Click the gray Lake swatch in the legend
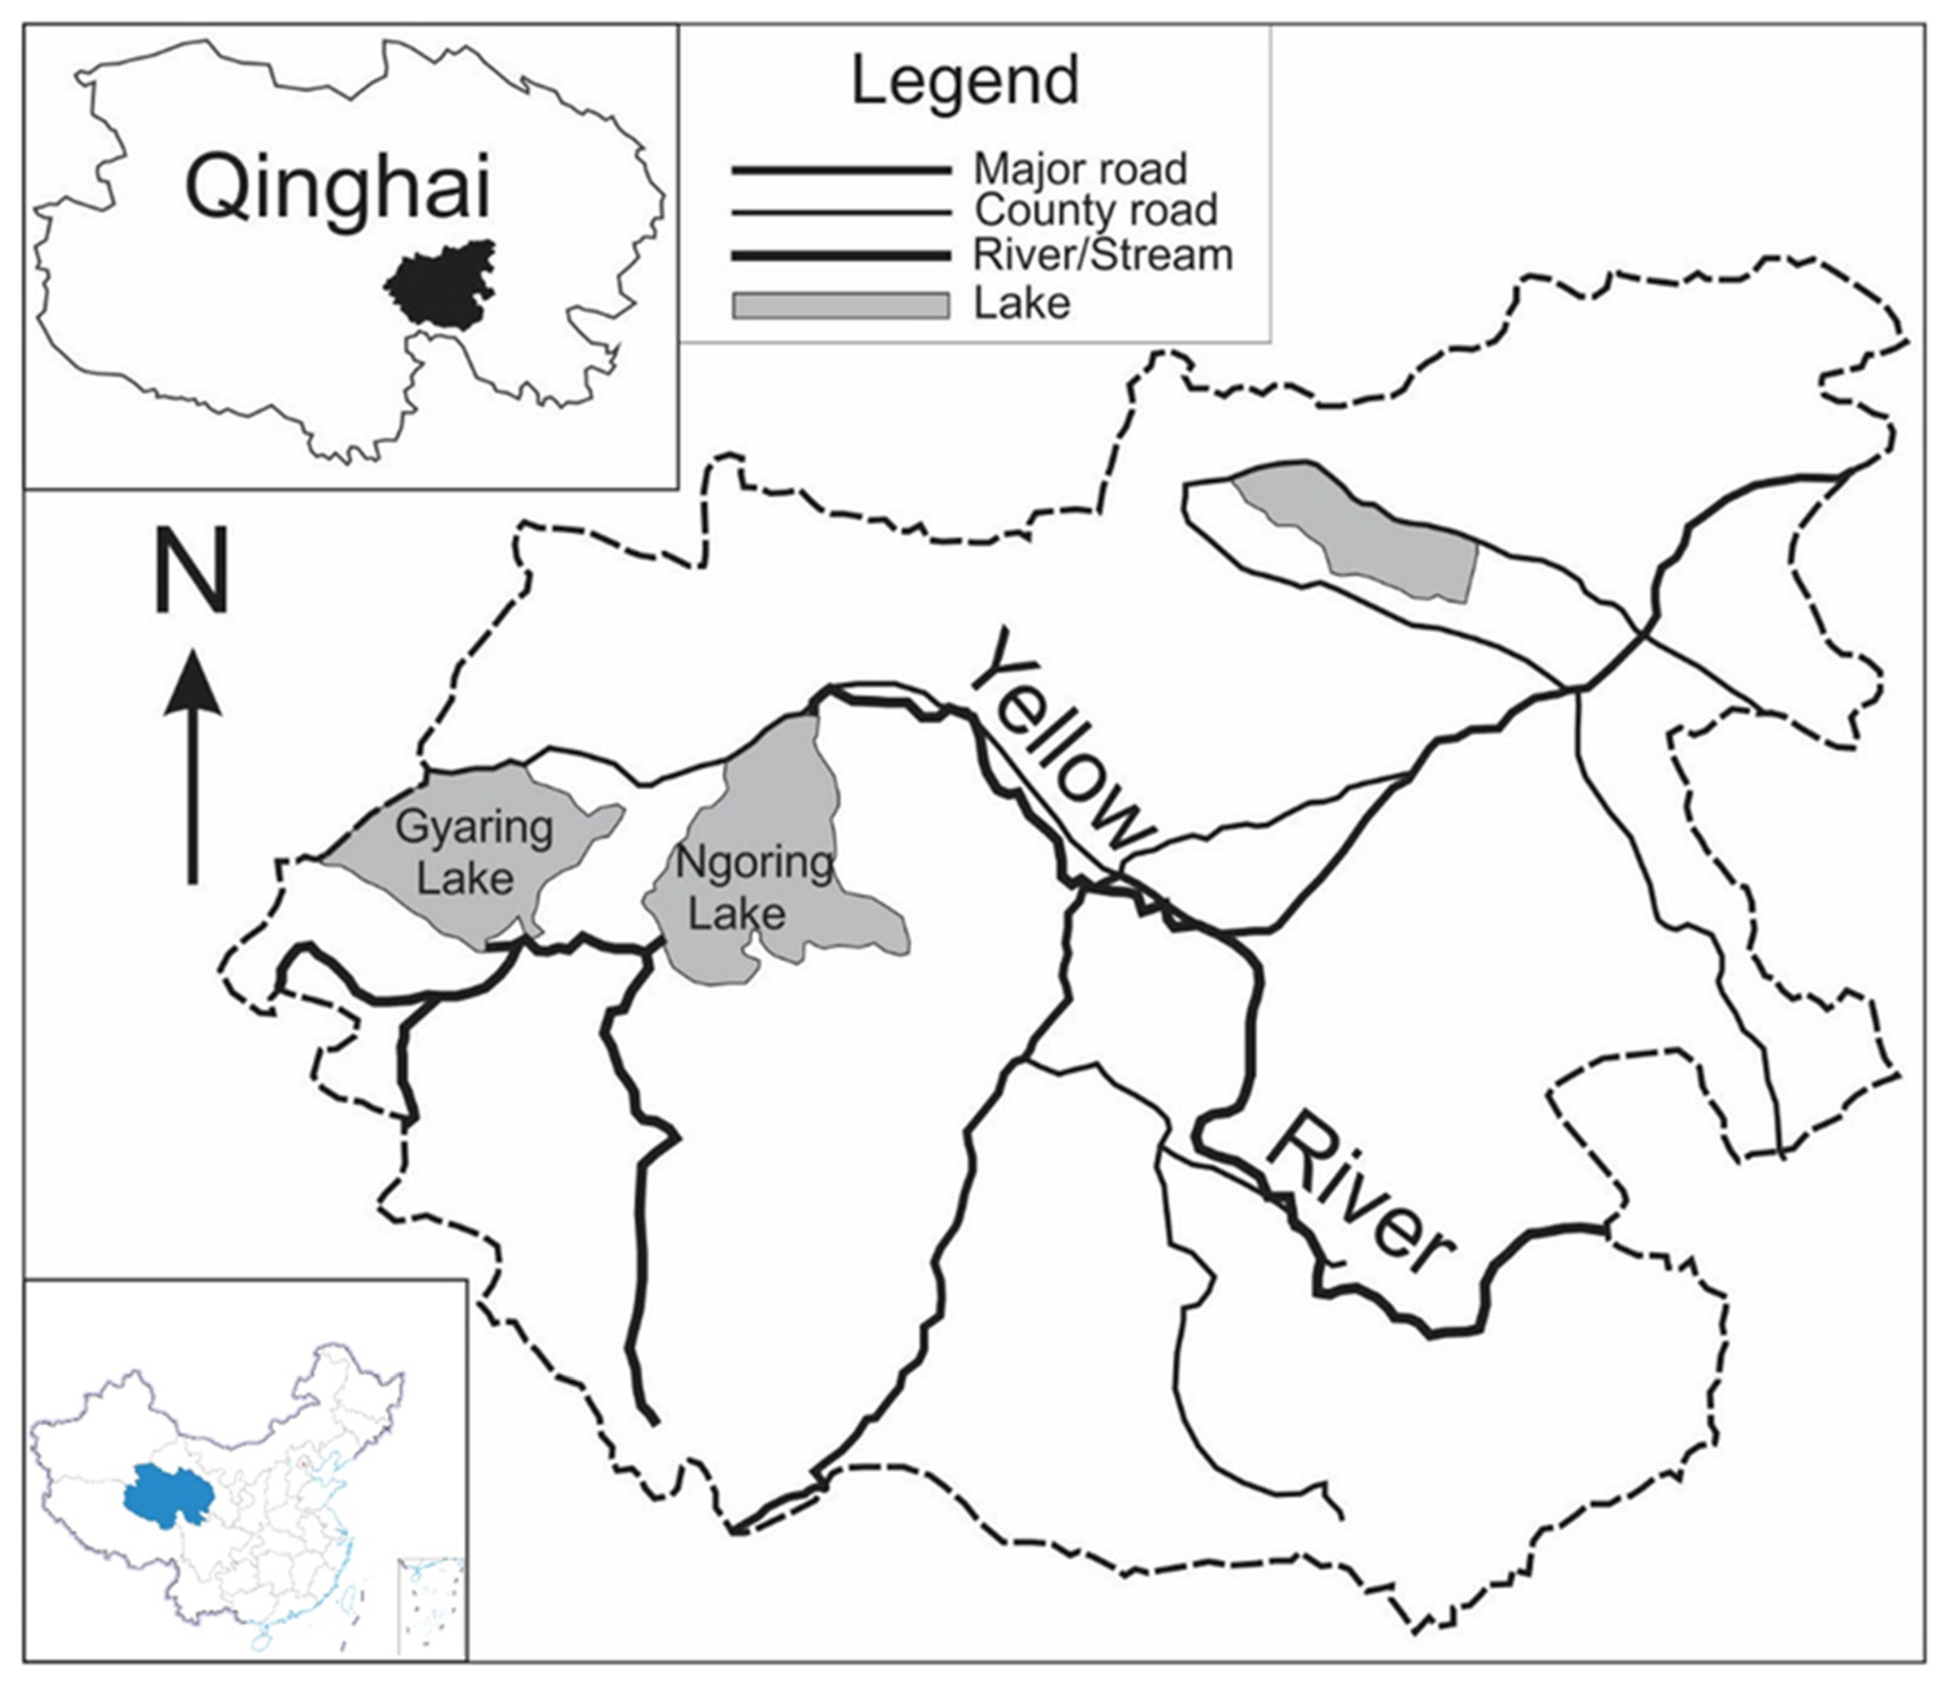coord(841,306)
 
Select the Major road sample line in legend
coord(841,171)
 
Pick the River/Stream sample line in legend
coord(841,256)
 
